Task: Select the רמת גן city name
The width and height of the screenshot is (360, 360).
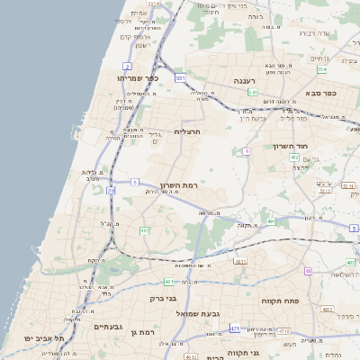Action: coord(141,332)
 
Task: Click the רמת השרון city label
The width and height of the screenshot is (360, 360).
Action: coord(178,184)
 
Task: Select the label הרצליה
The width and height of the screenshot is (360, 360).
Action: coord(186,131)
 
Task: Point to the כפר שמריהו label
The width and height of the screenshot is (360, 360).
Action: coord(138,78)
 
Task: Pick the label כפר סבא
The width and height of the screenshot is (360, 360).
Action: coord(319,93)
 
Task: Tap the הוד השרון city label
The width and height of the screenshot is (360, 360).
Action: coord(292,146)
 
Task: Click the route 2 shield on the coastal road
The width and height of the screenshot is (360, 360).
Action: coord(128,67)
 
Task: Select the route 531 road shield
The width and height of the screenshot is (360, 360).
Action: coord(180,78)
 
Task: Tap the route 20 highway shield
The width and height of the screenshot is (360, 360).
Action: coord(111,191)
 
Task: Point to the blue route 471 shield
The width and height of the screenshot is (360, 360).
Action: coord(235,328)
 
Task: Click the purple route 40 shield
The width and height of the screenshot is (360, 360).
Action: coord(308,271)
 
